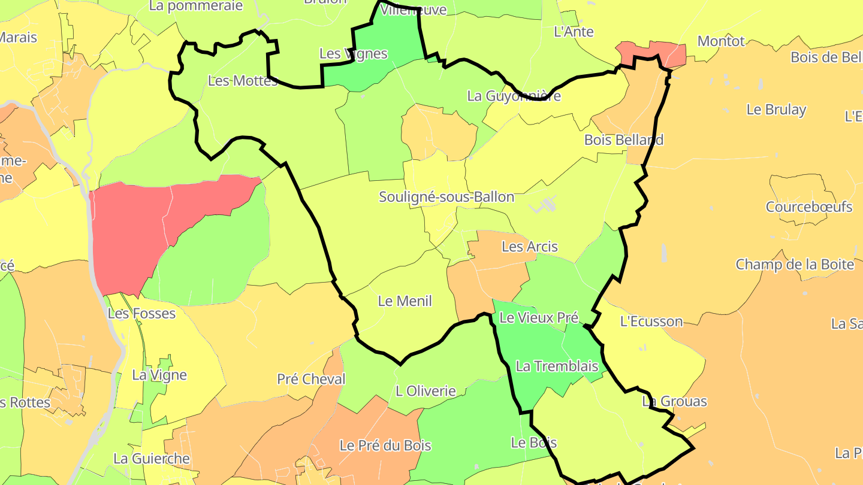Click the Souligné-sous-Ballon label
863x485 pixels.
coord(446,197)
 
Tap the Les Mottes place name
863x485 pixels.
coord(243,81)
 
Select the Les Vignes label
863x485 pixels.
coord(354,54)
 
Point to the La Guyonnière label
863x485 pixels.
coord(514,96)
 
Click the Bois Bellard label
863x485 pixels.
coord(624,140)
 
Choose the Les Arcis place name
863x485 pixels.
coord(529,247)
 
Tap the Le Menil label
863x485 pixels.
coord(405,301)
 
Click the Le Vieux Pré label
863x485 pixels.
coord(538,318)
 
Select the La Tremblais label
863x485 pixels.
coord(557,366)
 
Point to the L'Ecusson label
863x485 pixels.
coord(651,322)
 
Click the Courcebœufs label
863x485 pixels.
coord(809,207)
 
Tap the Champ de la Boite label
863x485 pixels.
coord(795,265)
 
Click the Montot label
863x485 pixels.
coord(721,41)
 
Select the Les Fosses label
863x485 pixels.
coord(141,313)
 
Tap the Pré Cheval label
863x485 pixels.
coord(311,379)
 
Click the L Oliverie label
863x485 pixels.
coord(426,392)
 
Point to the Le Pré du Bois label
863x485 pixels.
coord(385,445)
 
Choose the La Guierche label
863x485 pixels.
coord(152,459)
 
